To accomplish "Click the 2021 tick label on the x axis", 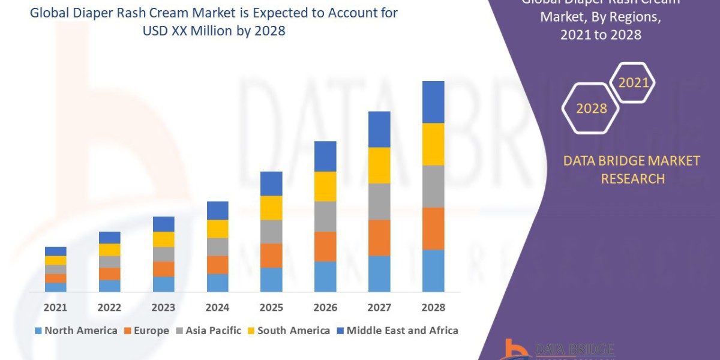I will coord(55,308).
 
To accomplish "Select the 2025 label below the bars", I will coord(271,308).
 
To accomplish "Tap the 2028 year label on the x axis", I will coord(433,308).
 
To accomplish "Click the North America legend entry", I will coord(76,331).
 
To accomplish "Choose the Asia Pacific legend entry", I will coord(208,331).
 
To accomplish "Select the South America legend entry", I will coord(289,331).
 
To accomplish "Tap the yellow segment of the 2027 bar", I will coord(379,165).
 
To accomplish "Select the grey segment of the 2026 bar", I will coord(325,216).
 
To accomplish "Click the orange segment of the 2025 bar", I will coord(271,255).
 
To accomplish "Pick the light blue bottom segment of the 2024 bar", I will coord(217,283).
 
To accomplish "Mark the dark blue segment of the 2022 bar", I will coord(109,238).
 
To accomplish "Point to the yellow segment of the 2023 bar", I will coord(163,239).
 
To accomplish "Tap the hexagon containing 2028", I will coord(591,109).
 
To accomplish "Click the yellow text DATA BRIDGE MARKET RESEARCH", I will coord(632,170).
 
